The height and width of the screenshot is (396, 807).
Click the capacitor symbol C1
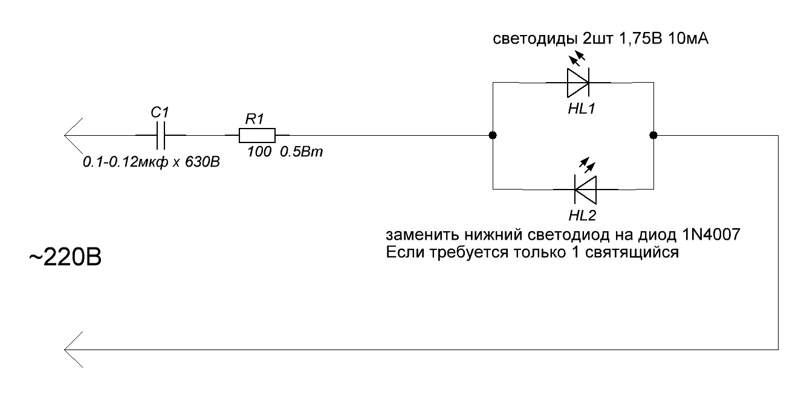[160, 135]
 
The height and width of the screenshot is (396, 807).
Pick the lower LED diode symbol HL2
[585, 190]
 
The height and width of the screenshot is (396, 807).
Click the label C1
[160, 113]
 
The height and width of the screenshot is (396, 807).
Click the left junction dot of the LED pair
[493, 135]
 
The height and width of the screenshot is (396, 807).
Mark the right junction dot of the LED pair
[653, 135]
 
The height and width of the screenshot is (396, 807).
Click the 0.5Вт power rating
[302, 153]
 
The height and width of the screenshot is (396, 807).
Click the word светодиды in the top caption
[528, 40]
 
